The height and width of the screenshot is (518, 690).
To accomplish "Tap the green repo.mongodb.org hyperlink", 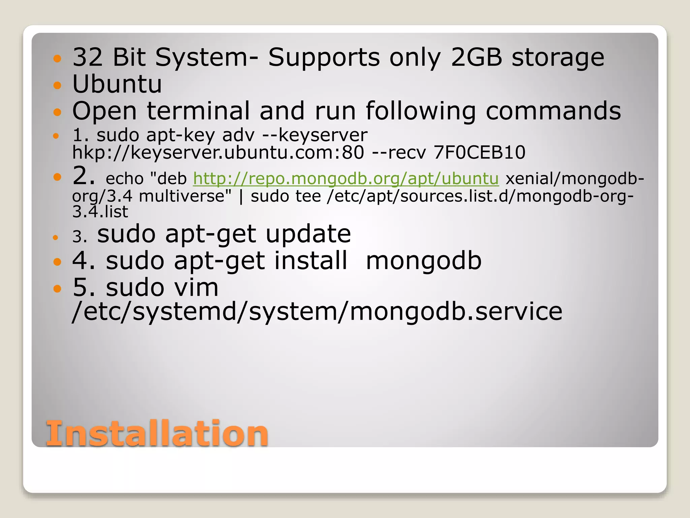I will (346, 178).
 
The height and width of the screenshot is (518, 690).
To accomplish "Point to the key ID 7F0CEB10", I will (479, 152).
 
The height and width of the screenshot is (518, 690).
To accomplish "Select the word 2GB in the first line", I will (476, 57).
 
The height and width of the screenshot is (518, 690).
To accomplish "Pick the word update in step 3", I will (308, 233).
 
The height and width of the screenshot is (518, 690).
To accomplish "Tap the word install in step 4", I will (311, 260).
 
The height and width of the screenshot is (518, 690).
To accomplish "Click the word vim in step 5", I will (196, 287).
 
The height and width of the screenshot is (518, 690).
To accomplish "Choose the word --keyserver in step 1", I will (315, 135).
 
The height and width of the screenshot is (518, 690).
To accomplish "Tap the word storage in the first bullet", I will (558, 57).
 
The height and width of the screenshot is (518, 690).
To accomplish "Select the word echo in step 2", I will (125, 178).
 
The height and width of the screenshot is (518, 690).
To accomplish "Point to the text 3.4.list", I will (100, 211).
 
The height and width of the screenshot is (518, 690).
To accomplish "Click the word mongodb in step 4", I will (424, 260).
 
